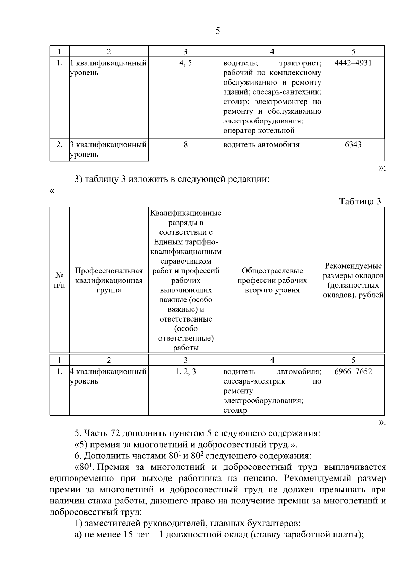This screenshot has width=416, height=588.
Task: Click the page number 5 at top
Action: (x=217, y=31)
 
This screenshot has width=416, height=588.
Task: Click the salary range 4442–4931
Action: (x=353, y=63)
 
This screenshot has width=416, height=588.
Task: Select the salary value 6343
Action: (x=353, y=144)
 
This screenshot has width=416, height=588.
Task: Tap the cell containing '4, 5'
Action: (x=185, y=63)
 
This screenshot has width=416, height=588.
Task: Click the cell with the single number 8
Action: (x=185, y=144)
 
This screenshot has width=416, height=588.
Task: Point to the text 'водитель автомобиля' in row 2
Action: (x=261, y=145)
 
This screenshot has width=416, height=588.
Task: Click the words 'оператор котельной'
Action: (x=259, y=131)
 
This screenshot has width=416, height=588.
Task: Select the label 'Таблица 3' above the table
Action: (x=360, y=202)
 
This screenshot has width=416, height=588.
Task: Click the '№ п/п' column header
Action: (x=60, y=280)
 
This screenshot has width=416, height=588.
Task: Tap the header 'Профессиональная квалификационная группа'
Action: (x=109, y=280)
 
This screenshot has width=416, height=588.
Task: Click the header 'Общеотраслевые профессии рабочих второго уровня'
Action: (x=272, y=280)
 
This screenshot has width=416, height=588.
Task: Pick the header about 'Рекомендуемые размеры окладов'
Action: (x=353, y=280)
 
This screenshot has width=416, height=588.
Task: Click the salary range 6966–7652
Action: (x=353, y=371)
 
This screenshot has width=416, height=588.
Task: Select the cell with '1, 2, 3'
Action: (x=185, y=371)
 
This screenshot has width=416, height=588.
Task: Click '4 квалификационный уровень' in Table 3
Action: (x=108, y=376)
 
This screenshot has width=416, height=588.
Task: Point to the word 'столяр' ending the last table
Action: (x=235, y=411)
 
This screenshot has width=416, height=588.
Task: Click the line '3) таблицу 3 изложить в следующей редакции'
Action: (x=172, y=179)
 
